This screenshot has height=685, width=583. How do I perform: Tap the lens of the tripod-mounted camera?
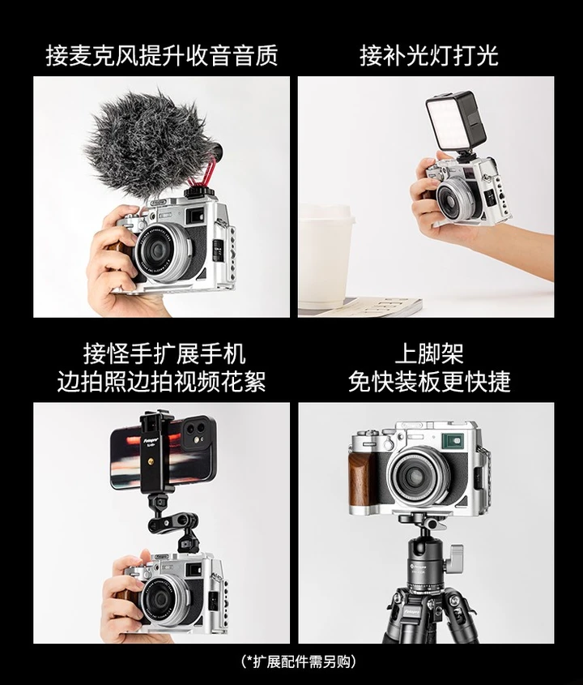418,474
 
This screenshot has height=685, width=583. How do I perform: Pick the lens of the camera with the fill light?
455,195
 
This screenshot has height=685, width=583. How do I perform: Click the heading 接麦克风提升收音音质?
162,55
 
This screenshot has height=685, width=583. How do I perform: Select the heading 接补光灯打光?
429,55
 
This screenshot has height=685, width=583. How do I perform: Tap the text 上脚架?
429,353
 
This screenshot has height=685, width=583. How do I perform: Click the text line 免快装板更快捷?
429,381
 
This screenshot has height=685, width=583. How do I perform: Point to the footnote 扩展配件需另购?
299,661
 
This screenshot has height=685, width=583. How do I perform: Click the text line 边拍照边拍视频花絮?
161,381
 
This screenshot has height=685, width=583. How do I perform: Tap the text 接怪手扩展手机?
164,353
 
